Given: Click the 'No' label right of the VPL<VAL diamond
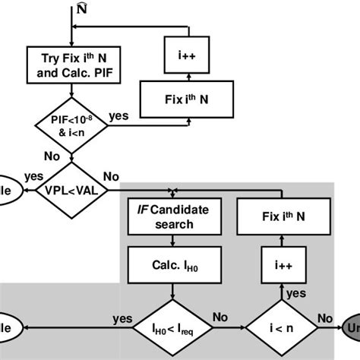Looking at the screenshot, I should [112, 177].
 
